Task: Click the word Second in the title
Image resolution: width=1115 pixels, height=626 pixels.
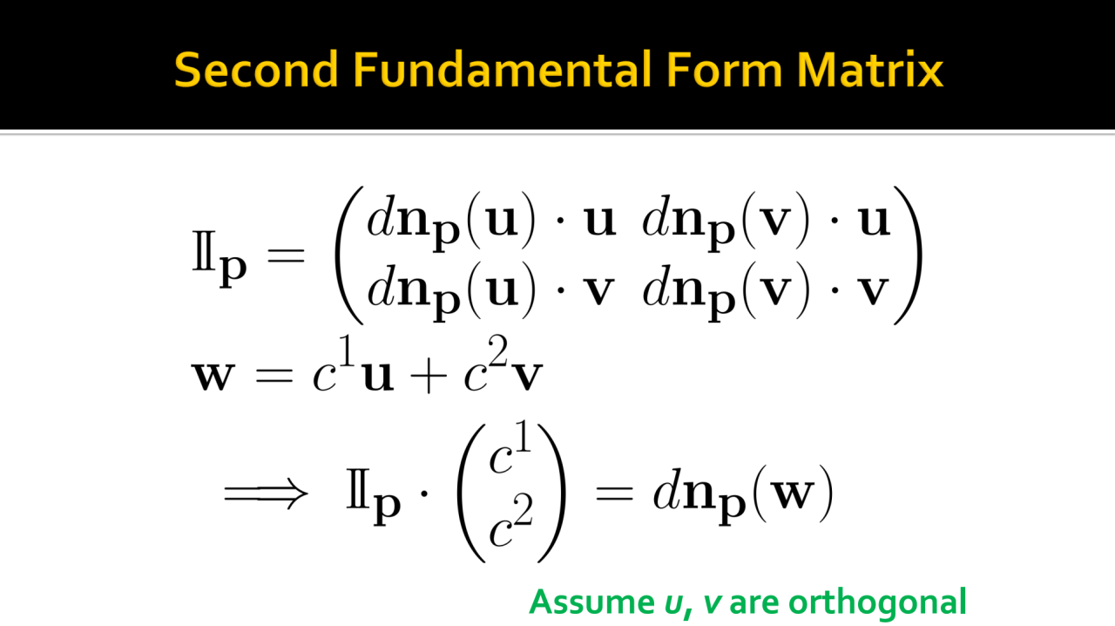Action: [x=256, y=70]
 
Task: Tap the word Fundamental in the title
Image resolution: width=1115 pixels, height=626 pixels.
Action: [x=503, y=69]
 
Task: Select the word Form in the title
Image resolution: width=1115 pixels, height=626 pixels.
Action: [x=724, y=70]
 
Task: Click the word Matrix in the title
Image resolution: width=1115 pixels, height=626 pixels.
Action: [x=869, y=70]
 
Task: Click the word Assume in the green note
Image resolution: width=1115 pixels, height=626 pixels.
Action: [x=591, y=602]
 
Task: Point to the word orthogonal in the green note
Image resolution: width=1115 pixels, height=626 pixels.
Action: [x=877, y=602]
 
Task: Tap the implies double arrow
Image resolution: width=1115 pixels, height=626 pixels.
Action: [x=266, y=494]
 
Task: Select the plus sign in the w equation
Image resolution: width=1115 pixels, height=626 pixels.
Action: [x=428, y=377]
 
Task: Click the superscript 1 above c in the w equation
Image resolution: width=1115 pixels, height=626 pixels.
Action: [x=347, y=350]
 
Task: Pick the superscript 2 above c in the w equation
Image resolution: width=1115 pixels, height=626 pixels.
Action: [x=497, y=350]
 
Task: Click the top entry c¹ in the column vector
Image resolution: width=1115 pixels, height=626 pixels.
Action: [x=510, y=447]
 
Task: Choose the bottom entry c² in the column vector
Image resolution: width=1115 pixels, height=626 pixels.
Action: [x=510, y=521]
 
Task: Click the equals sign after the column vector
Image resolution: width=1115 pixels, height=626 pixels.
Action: [x=614, y=494]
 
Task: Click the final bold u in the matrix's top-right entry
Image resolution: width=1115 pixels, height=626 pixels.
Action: [x=874, y=221]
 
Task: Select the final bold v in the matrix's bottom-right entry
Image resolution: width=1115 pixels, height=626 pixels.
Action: [x=873, y=290]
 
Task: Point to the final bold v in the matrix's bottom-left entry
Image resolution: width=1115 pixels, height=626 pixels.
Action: [x=598, y=290]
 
